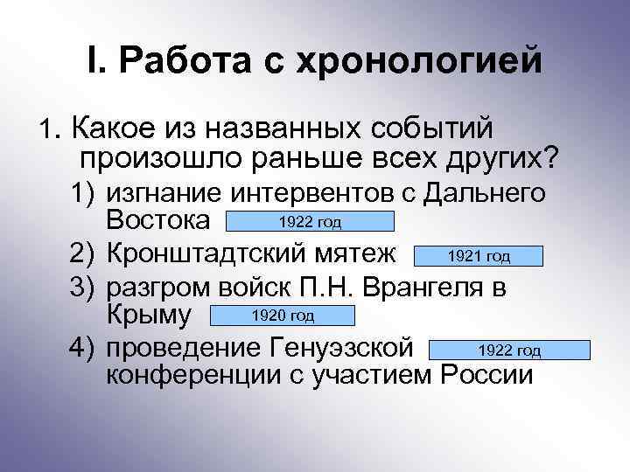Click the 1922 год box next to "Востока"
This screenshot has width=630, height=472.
[x=311, y=220]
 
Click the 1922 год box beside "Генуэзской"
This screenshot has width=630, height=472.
[x=510, y=351]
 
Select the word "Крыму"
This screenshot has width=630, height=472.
[x=150, y=316]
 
